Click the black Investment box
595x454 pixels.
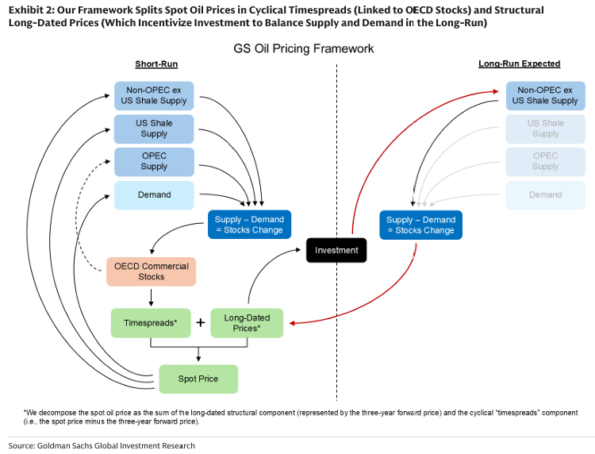coord(336,250)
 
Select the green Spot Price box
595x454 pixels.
coord(198,379)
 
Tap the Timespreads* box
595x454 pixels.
coord(151,323)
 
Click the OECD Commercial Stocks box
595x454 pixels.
coord(152,271)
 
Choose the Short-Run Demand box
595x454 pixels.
coord(154,194)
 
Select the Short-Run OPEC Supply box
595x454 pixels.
coord(154,161)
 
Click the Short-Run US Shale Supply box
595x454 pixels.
coord(154,129)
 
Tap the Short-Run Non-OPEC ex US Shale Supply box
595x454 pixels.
coord(154,95)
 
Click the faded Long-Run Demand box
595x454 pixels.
coord(545,194)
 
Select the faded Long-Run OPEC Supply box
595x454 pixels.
coord(545,161)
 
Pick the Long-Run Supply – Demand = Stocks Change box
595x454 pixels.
coord(420,225)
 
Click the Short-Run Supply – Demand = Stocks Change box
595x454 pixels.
coord(248,225)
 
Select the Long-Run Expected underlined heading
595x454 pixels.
coord(519,64)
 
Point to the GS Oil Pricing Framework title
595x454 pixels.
coord(303,48)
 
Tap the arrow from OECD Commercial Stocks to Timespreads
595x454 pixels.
coord(151,297)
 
